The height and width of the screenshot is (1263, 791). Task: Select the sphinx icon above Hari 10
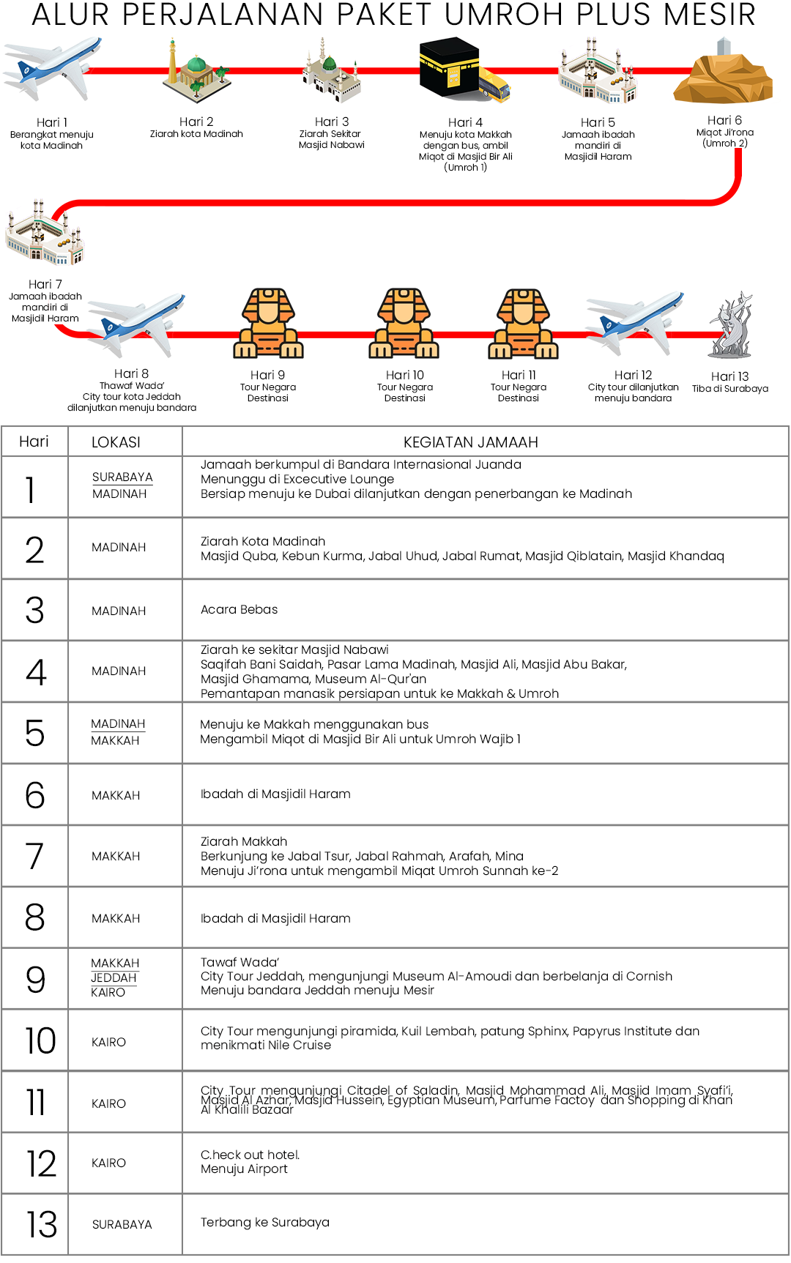pos(404,323)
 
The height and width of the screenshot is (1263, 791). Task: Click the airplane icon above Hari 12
pos(635,322)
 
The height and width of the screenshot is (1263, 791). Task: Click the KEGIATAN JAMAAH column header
pos(470,442)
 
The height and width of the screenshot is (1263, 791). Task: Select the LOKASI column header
pos(116,442)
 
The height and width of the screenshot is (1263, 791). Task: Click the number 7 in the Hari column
pos(34,856)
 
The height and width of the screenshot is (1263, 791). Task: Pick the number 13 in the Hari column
pos(41,1224)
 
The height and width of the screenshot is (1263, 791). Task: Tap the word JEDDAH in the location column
pos(114,978)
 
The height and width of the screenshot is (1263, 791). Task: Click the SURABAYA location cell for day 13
pos(122,1224)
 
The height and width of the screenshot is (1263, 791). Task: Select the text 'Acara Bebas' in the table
pos(239,609)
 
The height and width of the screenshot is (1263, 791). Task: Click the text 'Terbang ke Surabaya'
pos(265,1222)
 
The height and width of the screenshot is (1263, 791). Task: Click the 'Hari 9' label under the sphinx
pos(268,375)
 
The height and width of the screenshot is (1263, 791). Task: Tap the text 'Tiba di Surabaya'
pos(730,389)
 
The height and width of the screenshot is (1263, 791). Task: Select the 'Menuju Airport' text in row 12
pos(244,1169)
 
